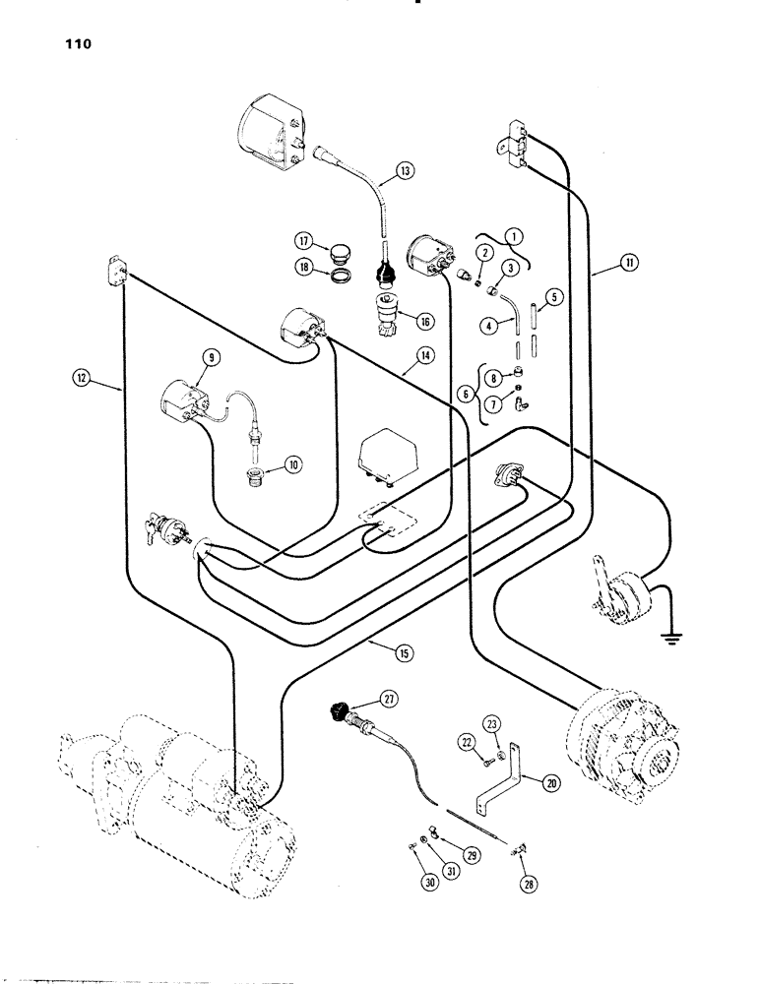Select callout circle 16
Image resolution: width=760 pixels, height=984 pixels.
pyautogui.click(x=426, y=322)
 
